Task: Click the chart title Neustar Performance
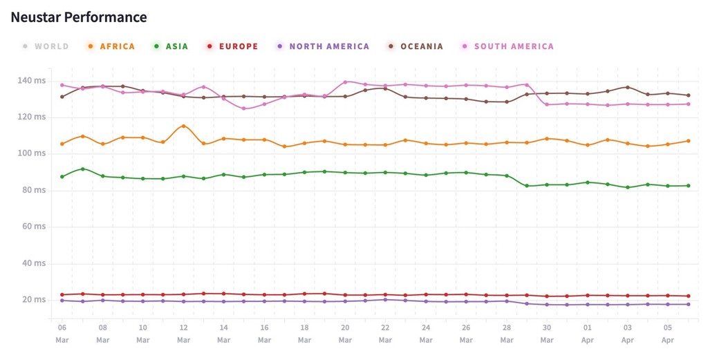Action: (79, 17)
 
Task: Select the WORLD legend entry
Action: (46, 46)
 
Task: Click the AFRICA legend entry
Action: (111, 46)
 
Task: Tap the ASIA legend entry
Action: (171, 46)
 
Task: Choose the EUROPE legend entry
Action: (232, 46)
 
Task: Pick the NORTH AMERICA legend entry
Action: (323, 46)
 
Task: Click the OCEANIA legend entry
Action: (416, 46)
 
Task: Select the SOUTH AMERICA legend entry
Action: (508, 46)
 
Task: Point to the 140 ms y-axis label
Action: (32, 81)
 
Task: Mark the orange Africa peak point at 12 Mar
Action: (183, 126)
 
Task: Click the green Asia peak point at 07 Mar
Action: (83, 169)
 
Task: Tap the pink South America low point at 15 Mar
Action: (243, 108)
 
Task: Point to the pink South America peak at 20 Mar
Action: (345, 82)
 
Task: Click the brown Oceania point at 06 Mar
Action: (62, 97)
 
